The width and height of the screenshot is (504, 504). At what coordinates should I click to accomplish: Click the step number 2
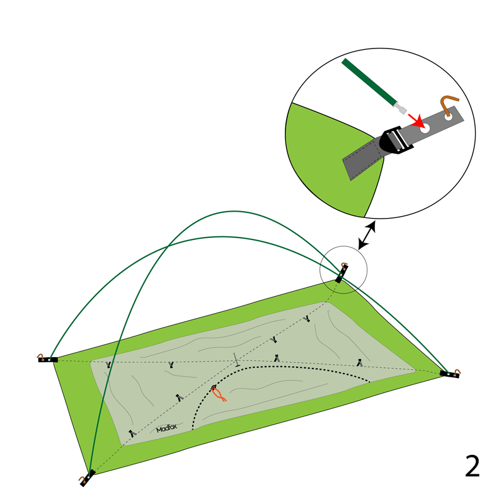472,466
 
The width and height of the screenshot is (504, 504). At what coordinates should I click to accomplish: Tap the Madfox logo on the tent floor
166,428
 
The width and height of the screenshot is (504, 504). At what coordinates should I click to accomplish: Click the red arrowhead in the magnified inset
419,121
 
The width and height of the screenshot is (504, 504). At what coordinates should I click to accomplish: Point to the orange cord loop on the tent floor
219,394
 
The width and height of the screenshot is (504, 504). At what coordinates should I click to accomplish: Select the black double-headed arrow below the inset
367,235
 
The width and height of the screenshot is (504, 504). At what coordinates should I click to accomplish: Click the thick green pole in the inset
369,82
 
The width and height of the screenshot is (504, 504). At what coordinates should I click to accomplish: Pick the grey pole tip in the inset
401,108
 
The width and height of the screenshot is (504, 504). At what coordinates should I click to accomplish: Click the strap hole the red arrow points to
425,129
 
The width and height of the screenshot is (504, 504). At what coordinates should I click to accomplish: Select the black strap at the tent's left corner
48,360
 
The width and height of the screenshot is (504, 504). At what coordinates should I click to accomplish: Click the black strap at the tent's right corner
449,374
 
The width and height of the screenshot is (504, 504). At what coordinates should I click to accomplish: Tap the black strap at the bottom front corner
88,478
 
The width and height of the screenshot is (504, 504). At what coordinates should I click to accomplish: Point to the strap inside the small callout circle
341,274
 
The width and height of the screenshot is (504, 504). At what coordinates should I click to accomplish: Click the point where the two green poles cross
168,246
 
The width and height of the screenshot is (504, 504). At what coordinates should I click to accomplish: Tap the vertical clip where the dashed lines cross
237,360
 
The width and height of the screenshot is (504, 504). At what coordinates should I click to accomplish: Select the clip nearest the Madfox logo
132,433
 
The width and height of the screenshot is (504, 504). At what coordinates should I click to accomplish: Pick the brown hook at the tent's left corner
40,356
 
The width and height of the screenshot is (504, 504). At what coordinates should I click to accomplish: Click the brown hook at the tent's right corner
457,372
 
